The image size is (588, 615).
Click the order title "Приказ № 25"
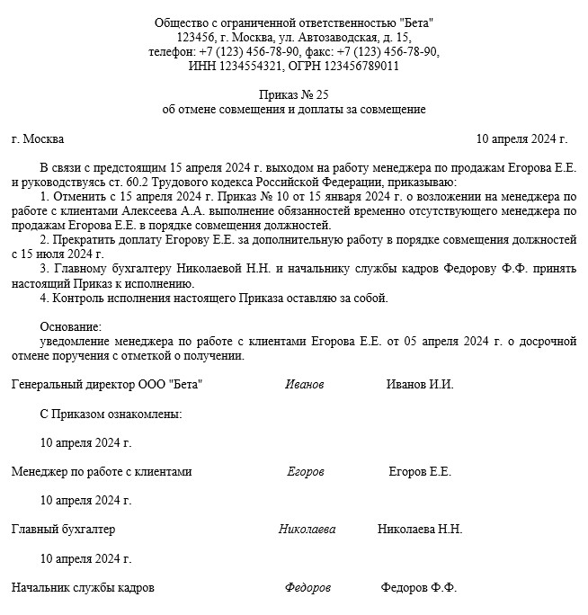pos(293,94)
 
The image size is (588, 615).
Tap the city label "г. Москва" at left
pos(38,139)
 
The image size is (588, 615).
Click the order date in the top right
pos(521,139)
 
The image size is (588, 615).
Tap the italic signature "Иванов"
pos(304,384)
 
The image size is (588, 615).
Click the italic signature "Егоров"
pos(306,471)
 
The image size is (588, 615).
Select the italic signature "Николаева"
pos(307,529)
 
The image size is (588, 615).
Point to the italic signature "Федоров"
pos(307,587)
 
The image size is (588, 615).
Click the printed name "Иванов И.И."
pos(420,384)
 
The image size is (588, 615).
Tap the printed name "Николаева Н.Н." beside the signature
pos(420,529)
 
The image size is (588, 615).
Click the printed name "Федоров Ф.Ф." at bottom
pos(419,587)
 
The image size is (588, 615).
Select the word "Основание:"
pos(71,326)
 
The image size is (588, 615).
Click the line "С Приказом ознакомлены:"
pos(111,414)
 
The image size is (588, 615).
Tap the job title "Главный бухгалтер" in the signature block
pos(63,529)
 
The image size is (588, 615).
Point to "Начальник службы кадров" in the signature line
pos(83,587)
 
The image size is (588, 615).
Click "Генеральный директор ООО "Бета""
pos(107,384)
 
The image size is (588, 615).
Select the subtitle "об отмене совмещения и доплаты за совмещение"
pos(293,110)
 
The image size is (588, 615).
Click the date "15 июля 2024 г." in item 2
pos(55,254)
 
